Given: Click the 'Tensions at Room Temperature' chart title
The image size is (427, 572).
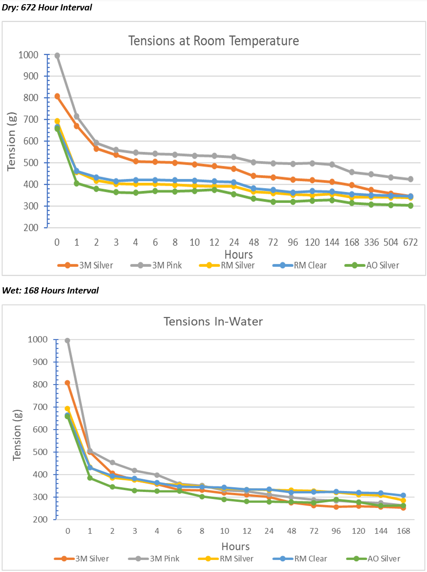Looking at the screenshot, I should pyautogui.click(x=213, y=41).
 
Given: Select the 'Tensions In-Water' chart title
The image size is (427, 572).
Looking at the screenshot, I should pyautogui.click(x=213, y=321).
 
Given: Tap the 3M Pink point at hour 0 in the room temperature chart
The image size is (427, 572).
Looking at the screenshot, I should pyautogui.click(x=57, y=56).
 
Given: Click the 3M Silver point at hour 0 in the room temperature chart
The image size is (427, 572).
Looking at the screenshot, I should pyautogui.click(x=57, y=96).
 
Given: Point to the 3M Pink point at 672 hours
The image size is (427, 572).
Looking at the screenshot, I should pyautogui.click(x=411, y=179).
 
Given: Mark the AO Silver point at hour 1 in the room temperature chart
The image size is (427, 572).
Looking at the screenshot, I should pyautogui.click(x=77, y=183).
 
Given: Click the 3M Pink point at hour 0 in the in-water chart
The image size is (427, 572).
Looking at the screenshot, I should pyautogui.click(x=68, y=341).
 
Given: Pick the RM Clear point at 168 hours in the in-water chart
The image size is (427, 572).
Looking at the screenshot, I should pyautogui.click(x=403, y=496).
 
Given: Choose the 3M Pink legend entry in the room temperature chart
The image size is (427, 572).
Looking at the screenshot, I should pyautogui.click(x=156, y=266).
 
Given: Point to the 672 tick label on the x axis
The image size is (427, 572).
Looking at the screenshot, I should pyautogui.click(x=410, y=243).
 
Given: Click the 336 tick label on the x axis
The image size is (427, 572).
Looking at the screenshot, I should pyautogui.click(x=371, y=243).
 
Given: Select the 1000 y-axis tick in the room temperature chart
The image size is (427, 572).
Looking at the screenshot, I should pyautogui.click(x=28, y=55).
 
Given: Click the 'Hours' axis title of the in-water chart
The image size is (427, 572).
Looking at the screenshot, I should pyautogui.click(x=235, y=547).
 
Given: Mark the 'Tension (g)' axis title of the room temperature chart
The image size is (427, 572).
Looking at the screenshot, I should pyautogui.click(x=11, y=141).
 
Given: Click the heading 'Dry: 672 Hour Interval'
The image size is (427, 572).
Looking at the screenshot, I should pyautogui.click(x=47, y=8).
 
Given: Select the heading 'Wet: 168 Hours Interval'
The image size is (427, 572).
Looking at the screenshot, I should pyautogui.click(x=50, y=291).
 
